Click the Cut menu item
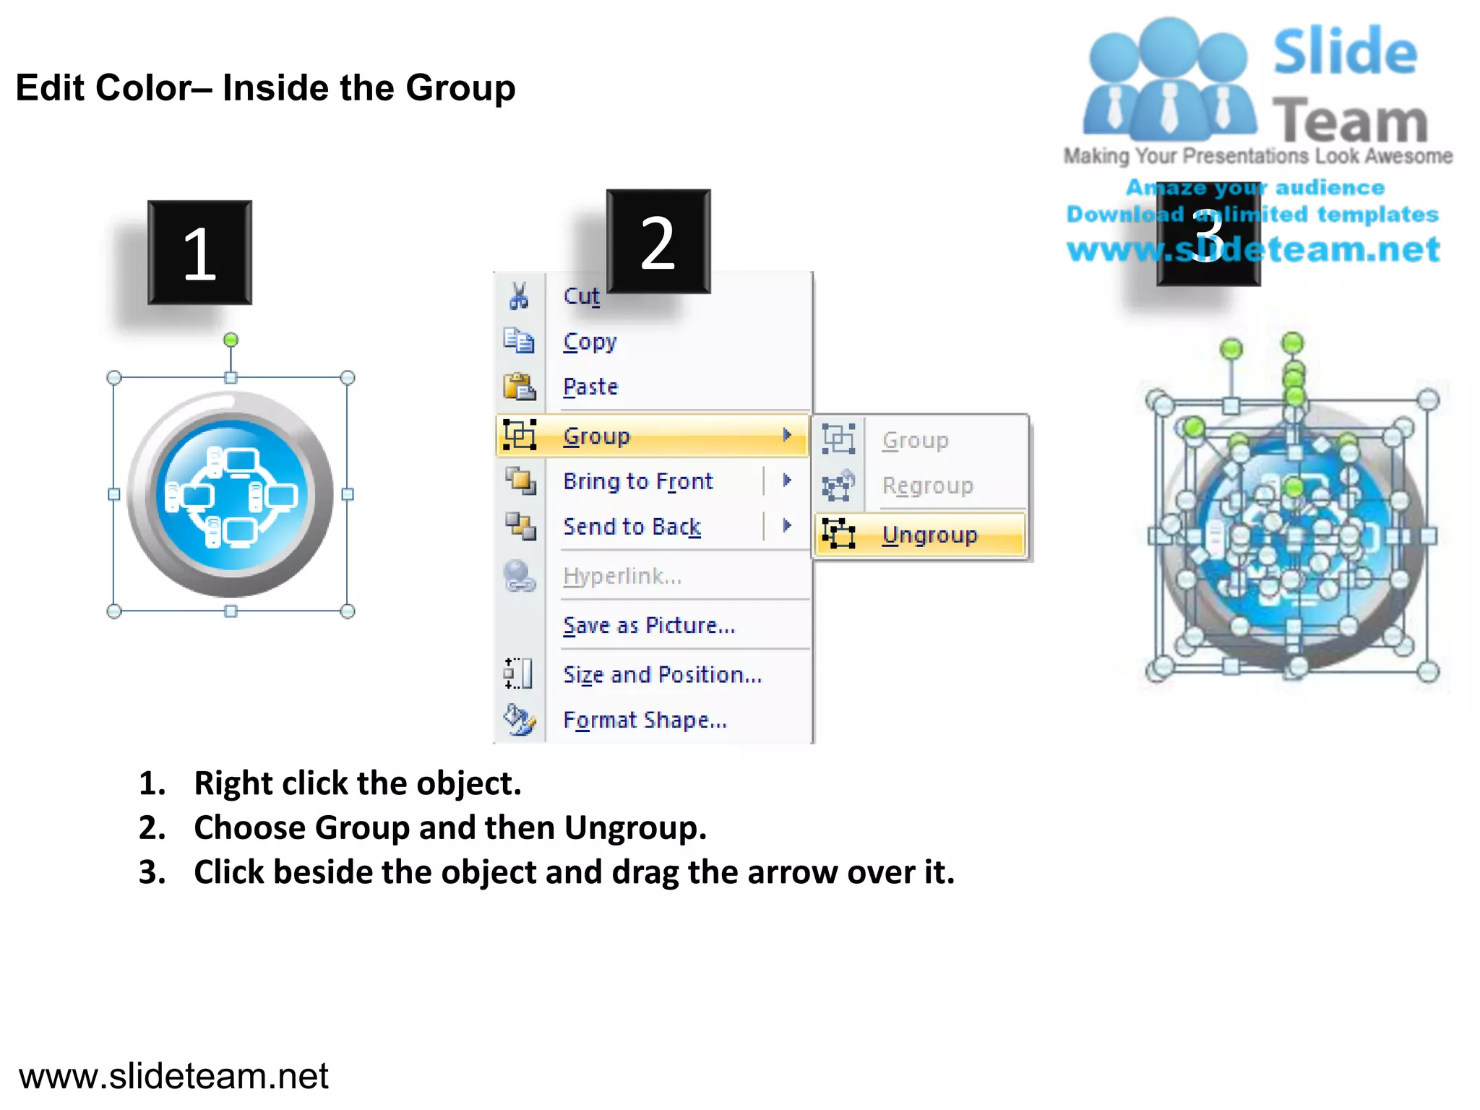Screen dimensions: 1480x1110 click(x=581, y=296)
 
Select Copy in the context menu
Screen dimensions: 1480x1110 click(x=590, y=342)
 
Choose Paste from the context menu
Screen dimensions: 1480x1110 click(x=590, y=387)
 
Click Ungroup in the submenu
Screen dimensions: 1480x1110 click(x=929, y=535)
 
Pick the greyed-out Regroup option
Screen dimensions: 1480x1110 click(x=927, y=486)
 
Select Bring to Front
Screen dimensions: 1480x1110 click(x=637, y=481)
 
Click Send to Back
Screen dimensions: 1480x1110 click(x=632, y=527)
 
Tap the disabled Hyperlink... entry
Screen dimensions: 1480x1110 click(x=621, y=576)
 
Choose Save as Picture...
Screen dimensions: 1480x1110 click(x=648, y=625)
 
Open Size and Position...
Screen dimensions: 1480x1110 click(x=662, y=675)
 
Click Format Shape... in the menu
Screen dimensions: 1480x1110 click(x=645, y=720)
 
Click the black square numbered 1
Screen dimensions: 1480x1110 click(x=200, y=253)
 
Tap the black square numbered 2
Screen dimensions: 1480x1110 click(x=658, y=241)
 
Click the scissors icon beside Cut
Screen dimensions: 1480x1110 click(x=519, y=296)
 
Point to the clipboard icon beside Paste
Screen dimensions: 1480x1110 click(x=519, y=387)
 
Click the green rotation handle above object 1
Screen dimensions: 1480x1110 click(x=231, y=340)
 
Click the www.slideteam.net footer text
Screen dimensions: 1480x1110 click(x=173, y=1076)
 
